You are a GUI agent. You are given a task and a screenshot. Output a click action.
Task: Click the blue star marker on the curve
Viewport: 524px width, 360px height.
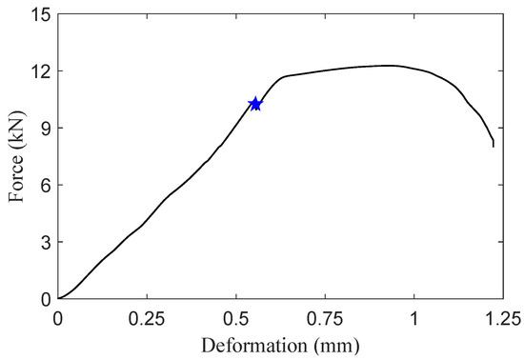click(x=255, y=103)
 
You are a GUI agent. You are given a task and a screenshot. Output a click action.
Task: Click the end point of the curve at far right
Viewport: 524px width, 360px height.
click(x=494, y=146)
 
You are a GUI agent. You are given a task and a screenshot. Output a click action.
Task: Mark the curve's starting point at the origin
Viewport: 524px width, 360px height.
click(x=58, y=298)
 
